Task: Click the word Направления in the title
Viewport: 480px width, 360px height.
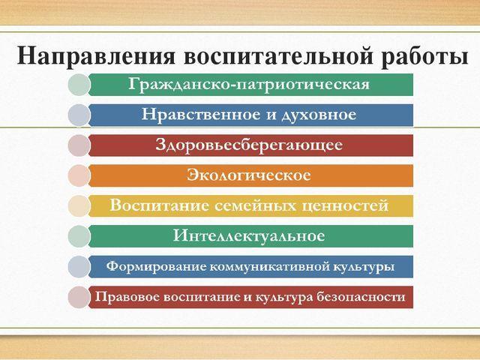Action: pos(96,55)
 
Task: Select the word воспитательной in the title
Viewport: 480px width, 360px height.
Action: pos(278,55)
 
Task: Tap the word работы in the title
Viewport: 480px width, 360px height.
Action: pos(424,56)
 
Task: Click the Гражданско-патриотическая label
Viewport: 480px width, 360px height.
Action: pos(248,85)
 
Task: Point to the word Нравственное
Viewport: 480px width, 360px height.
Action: pos(201,115)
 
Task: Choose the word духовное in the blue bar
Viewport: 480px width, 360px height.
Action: pos(318,115)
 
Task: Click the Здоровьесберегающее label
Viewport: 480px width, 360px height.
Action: pos(248,145)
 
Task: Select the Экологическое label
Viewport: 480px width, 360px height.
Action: pos(248,175)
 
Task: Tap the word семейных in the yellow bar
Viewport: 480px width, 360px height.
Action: pos(255,205)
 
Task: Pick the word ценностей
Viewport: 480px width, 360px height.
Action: pos(345,205)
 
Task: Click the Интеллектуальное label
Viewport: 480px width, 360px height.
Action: pos(248,236)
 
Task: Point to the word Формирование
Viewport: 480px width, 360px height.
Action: pos(156,266)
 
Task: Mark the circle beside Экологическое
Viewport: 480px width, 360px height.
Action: pos(79,175)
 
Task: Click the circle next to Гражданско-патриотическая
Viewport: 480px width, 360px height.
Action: pos(79,85)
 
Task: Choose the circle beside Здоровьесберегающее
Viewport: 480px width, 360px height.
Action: pos(79,145)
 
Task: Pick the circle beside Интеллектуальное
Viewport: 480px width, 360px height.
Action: pos(79,236)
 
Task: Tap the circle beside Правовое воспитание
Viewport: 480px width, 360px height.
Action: pos(79,297)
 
